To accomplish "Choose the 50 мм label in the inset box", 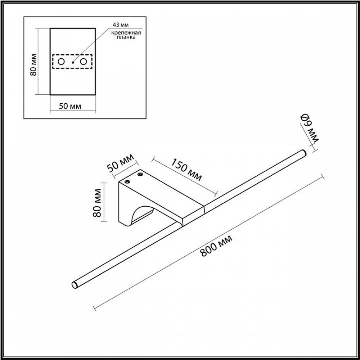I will click(x=69, y=106).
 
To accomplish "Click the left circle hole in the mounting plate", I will click(x=61, y=62).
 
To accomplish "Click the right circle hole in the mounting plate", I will click(x=84, y=62).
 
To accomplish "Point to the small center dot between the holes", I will click(x=72, y=62).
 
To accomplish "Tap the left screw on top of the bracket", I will click(x=127, y=182).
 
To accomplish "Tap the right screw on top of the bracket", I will click(x=140, y=175).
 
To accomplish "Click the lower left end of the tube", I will click(x=75, y=284).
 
